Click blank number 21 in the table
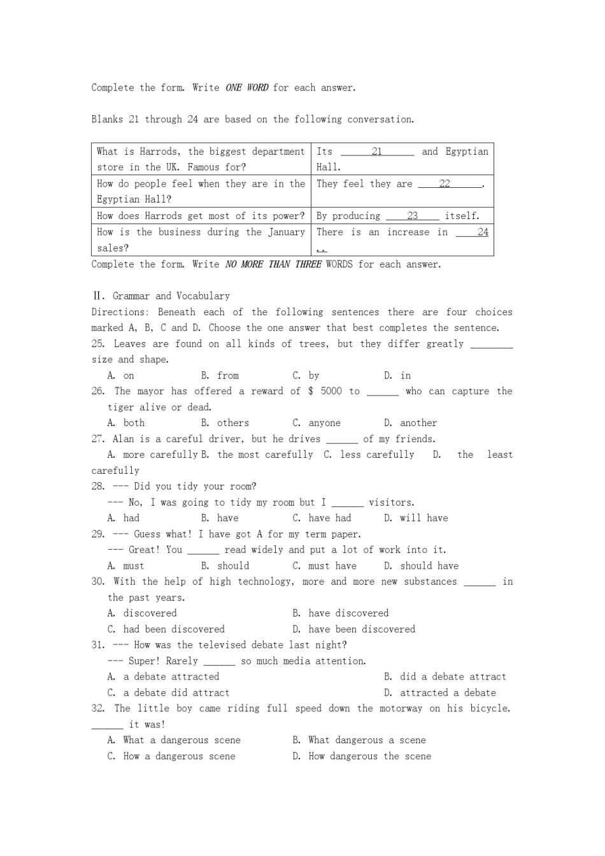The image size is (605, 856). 377,152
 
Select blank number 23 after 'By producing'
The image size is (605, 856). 413,216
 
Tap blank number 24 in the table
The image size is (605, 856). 482,232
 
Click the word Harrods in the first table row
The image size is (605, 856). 159,152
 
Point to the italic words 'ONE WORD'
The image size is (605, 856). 246,88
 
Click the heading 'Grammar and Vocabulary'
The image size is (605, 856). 171,296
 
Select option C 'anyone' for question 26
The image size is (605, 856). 324,423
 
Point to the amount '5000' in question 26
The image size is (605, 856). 331,391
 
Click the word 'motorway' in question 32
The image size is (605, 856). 390,708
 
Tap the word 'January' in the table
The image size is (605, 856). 286,232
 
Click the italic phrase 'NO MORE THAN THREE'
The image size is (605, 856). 273,264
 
